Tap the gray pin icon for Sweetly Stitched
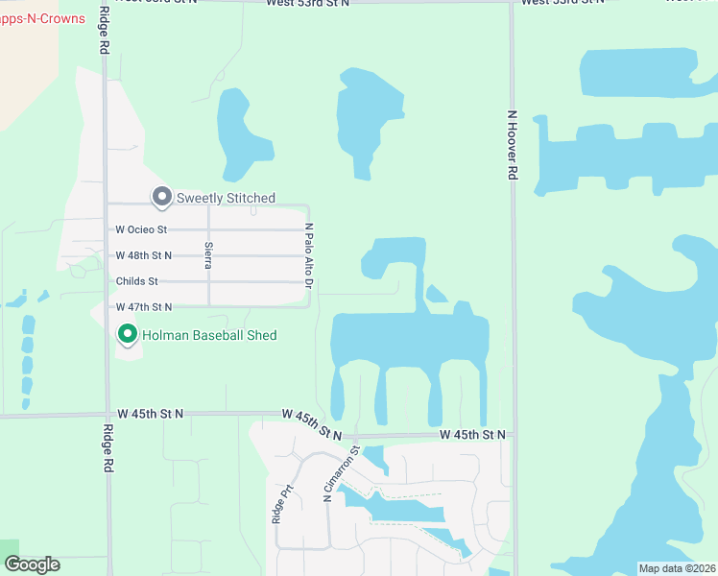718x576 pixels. [x=161, y=198]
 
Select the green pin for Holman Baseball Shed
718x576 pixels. [x=127, y=335]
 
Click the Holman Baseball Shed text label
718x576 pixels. [x=209, y=335]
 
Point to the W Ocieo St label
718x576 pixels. [x=141, y=229]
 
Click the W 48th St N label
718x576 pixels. [x=143, y=255]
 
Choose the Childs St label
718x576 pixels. [x=136, y=281]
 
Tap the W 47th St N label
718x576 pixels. [x=143, y=307]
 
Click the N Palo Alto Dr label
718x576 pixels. [x=309, y=255]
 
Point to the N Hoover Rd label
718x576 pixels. [x=513, y=145]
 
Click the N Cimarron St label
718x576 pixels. [x=341, y=473]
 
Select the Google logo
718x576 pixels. [x=32, y=564]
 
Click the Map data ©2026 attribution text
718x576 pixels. [x=676, y=568]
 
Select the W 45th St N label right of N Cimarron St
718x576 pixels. [x=472, y=435]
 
